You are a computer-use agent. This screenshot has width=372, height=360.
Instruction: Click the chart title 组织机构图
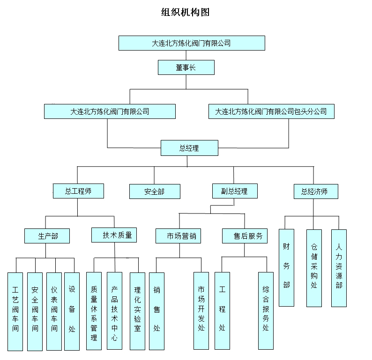pyautogui.click(x=185, y=12)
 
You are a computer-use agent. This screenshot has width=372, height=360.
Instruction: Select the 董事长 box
pyautogui.click(x=186, y=67)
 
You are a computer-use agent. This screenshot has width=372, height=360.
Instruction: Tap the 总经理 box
pyautogui.click(x=189, y=148)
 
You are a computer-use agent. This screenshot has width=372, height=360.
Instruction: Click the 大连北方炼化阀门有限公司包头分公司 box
pyautogui.click(x=271, y=111)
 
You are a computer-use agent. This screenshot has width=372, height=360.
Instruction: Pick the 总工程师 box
pyautogui.click(x=78, y=191)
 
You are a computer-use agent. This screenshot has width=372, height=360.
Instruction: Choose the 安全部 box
pyautogui.click(x=154, y=191)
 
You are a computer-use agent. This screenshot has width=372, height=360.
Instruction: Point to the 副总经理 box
pyautogui.click(x=234, y=191)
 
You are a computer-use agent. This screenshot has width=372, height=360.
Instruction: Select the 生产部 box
pyautogui.click(x=47, y=235)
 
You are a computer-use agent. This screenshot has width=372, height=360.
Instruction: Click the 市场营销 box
pyautogui.click(x=179, y=236)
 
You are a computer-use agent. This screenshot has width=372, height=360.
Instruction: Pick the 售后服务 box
pyautogui.click(x=245, y=236)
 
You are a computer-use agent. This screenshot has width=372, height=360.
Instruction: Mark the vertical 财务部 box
pyautogui.click(x=286, y=267)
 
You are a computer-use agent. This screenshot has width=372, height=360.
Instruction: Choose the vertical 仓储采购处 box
pyautogui.click(x=314, y=267)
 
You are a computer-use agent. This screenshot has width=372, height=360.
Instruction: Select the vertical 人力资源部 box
pyautogui.click(x=339, y=267)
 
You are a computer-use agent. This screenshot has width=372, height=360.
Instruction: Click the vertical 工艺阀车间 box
pyautogui.click(x=15, y=311)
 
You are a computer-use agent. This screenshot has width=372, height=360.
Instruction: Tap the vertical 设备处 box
pyautogui.click(x=72, y=311)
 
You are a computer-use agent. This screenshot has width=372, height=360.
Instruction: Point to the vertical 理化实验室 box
pyautogui.click(x=137, y=311)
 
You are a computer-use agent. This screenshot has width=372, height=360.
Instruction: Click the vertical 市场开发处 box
pyautogui.click(x=201, y=311)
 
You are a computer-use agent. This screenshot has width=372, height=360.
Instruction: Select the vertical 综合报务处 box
pyautogui.click(x=266, y=311)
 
